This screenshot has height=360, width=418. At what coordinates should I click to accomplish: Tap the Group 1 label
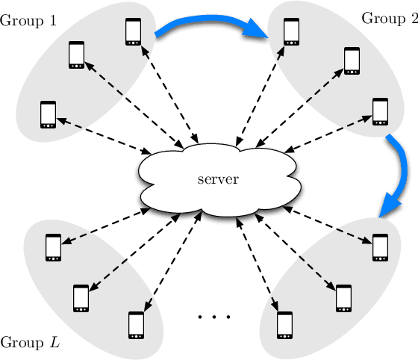click(28, 20)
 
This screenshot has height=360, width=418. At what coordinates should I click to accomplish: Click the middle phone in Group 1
click(77, 55)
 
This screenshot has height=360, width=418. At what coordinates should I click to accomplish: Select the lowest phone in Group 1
click(49, 114)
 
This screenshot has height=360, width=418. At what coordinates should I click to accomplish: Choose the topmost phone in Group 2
click(292, 31)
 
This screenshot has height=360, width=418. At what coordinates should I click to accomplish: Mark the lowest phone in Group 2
click(381, 111)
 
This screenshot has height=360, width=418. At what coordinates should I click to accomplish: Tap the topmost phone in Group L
click(53, 247)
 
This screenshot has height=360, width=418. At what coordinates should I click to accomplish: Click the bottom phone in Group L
click(136, 325)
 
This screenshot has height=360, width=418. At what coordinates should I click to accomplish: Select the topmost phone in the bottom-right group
click(381, 247)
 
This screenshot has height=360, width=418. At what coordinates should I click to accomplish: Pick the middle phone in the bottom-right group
click(343, 297)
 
